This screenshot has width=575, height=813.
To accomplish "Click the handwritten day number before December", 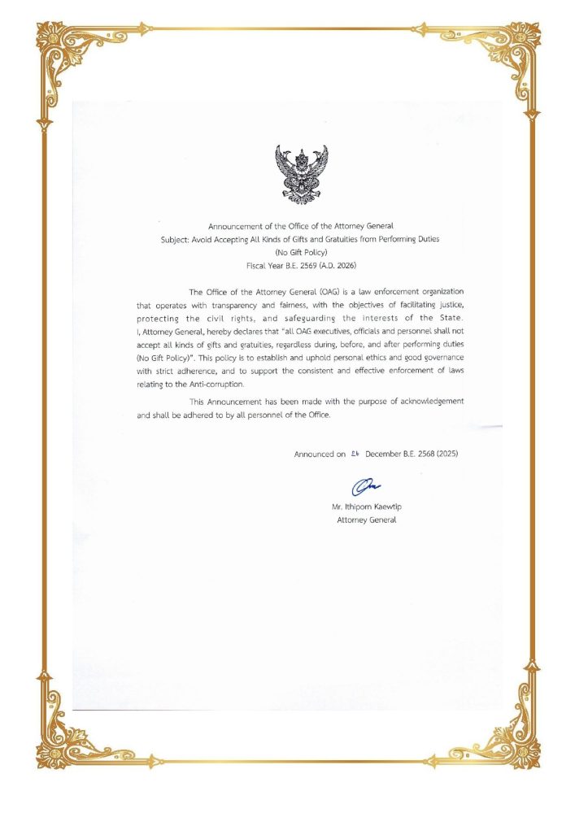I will (x=355, y=454).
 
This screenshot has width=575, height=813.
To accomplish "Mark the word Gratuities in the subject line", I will (x=351, y=240).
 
